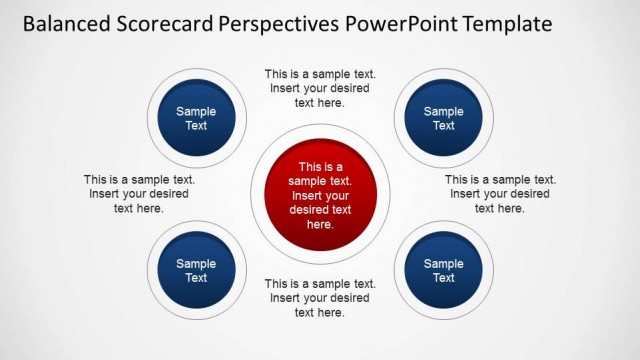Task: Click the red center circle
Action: click(x=319, y=196)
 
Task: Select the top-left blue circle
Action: click(x=196, y=119)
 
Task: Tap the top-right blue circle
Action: click(x=443, y=119)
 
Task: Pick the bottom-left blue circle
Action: click(x=196, y=271)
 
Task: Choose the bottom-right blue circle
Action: click(x=443, y=271)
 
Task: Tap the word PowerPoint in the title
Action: click(x=403, y=23)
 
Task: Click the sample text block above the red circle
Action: click(x=319, y=88)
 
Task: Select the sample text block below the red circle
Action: click(x=319, y=298)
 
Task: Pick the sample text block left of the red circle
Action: click(x=139, y=194)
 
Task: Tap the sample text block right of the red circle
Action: click(x=499, y=194)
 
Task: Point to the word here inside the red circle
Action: click(x=319, y=225)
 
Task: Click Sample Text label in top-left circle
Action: click(x=196, y=119)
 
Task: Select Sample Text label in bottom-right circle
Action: click(x=443, y=271)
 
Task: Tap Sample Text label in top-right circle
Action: click(x=443, y=119)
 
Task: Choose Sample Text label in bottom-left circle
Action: click(x=196, y=271)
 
